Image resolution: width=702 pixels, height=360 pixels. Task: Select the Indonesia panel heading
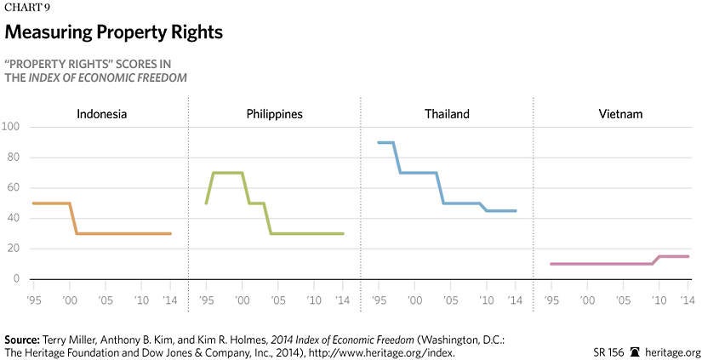point(101,113)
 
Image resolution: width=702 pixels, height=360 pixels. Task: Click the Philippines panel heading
point(274,113)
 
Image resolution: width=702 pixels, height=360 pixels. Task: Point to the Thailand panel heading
point(446,113)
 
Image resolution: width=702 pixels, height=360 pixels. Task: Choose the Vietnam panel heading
point(619,113)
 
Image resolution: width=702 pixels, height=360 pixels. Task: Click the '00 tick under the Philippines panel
point(242,300)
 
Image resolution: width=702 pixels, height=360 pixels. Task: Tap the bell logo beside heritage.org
point(634,351)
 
